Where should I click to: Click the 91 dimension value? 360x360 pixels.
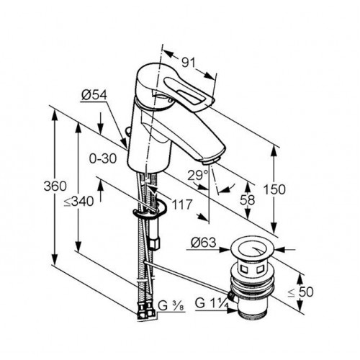pos(188,63)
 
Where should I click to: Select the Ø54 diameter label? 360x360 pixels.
pos(94,95)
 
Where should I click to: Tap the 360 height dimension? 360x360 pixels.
pos(55,186)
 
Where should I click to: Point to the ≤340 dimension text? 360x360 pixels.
pos(78,201)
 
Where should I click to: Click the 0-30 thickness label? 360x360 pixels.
pos(103,158)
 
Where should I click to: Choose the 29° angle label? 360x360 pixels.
pos(197,175)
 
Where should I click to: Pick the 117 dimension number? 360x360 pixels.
pos(182,204)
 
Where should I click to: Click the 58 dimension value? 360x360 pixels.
pos(247,199)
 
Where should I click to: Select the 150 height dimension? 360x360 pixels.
pos(274,189)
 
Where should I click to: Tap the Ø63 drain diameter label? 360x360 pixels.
pos(204,243)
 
